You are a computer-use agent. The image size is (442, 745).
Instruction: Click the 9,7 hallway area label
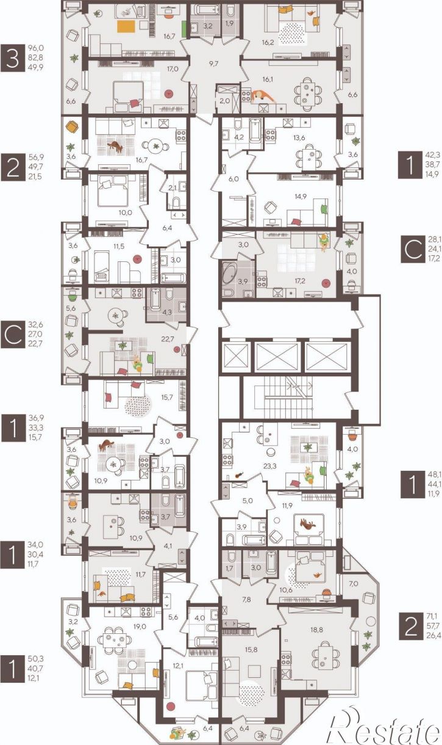click(x=213, y=64)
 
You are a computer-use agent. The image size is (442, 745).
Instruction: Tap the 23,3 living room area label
click(x=269, y=466)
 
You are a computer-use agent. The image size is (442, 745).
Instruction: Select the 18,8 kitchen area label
click(x=316, y=630)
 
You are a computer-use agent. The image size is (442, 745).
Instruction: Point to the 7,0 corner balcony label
click(x=354, y=583)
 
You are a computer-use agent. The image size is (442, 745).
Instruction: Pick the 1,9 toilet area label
click(x=229, y=23)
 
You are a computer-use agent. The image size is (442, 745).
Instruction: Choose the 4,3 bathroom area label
click(x=167, y=312)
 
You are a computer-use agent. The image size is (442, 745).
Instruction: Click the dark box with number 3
click(x=13, y=58)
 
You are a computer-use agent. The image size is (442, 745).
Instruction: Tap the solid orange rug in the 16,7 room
click(x=127, y=26)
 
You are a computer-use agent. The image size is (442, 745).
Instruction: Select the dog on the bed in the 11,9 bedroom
click(x=308, y=524)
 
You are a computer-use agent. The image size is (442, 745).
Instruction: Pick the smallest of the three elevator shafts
click(x=236, y=357)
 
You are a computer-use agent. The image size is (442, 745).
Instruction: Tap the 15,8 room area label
click(x=251, y=650)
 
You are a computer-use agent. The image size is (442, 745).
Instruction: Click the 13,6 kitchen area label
click(x=299, y=138)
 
